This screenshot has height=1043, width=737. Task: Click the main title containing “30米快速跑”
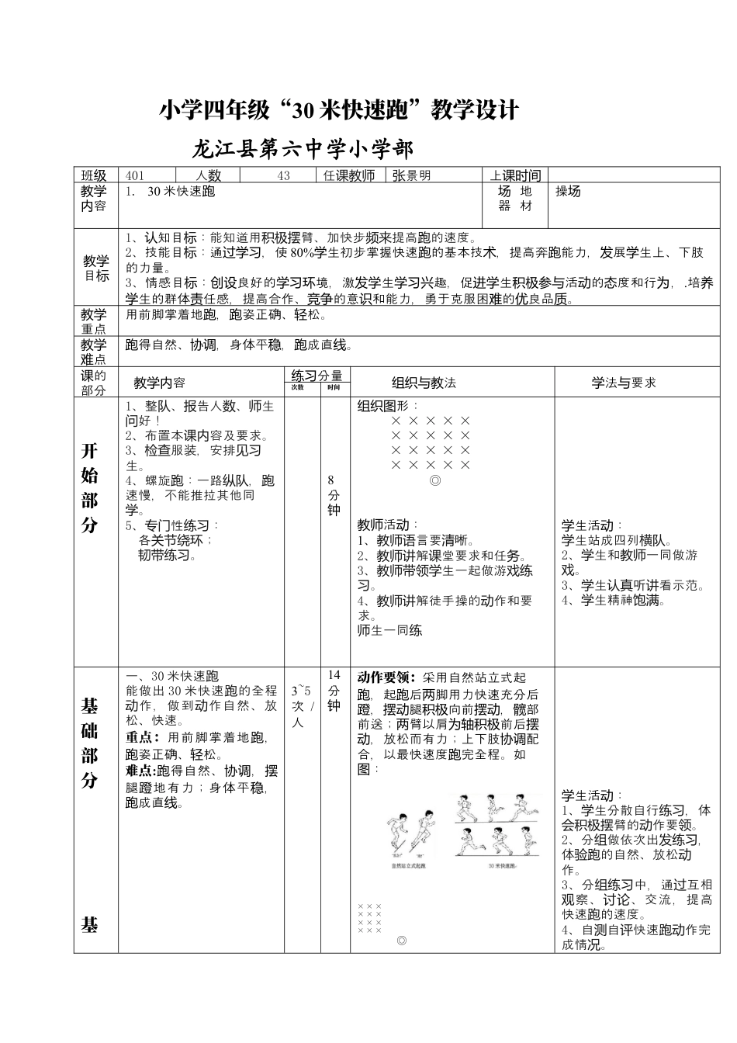[338, 110]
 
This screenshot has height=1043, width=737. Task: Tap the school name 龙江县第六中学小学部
[303, 148]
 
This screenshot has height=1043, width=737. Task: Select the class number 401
[135, 175]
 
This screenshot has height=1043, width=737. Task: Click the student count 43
[283, 175]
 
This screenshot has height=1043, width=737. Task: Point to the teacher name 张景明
[411, 175]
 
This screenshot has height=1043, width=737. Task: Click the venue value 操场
[568, 192]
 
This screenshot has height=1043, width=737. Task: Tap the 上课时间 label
[515, 175]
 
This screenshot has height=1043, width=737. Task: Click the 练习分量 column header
[317, 376]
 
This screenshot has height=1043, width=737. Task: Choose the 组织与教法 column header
[424, 383]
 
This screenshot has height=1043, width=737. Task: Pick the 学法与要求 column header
[624, 383]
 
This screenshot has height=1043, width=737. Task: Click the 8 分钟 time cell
[334, 495]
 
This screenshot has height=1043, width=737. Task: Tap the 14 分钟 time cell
[334, 690]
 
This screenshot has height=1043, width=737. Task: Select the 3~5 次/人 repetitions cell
[302, 706]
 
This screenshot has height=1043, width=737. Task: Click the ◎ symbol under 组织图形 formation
[435, 480]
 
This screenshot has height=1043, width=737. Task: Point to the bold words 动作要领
[386, 677]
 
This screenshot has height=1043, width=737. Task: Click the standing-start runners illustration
[409, 836]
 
